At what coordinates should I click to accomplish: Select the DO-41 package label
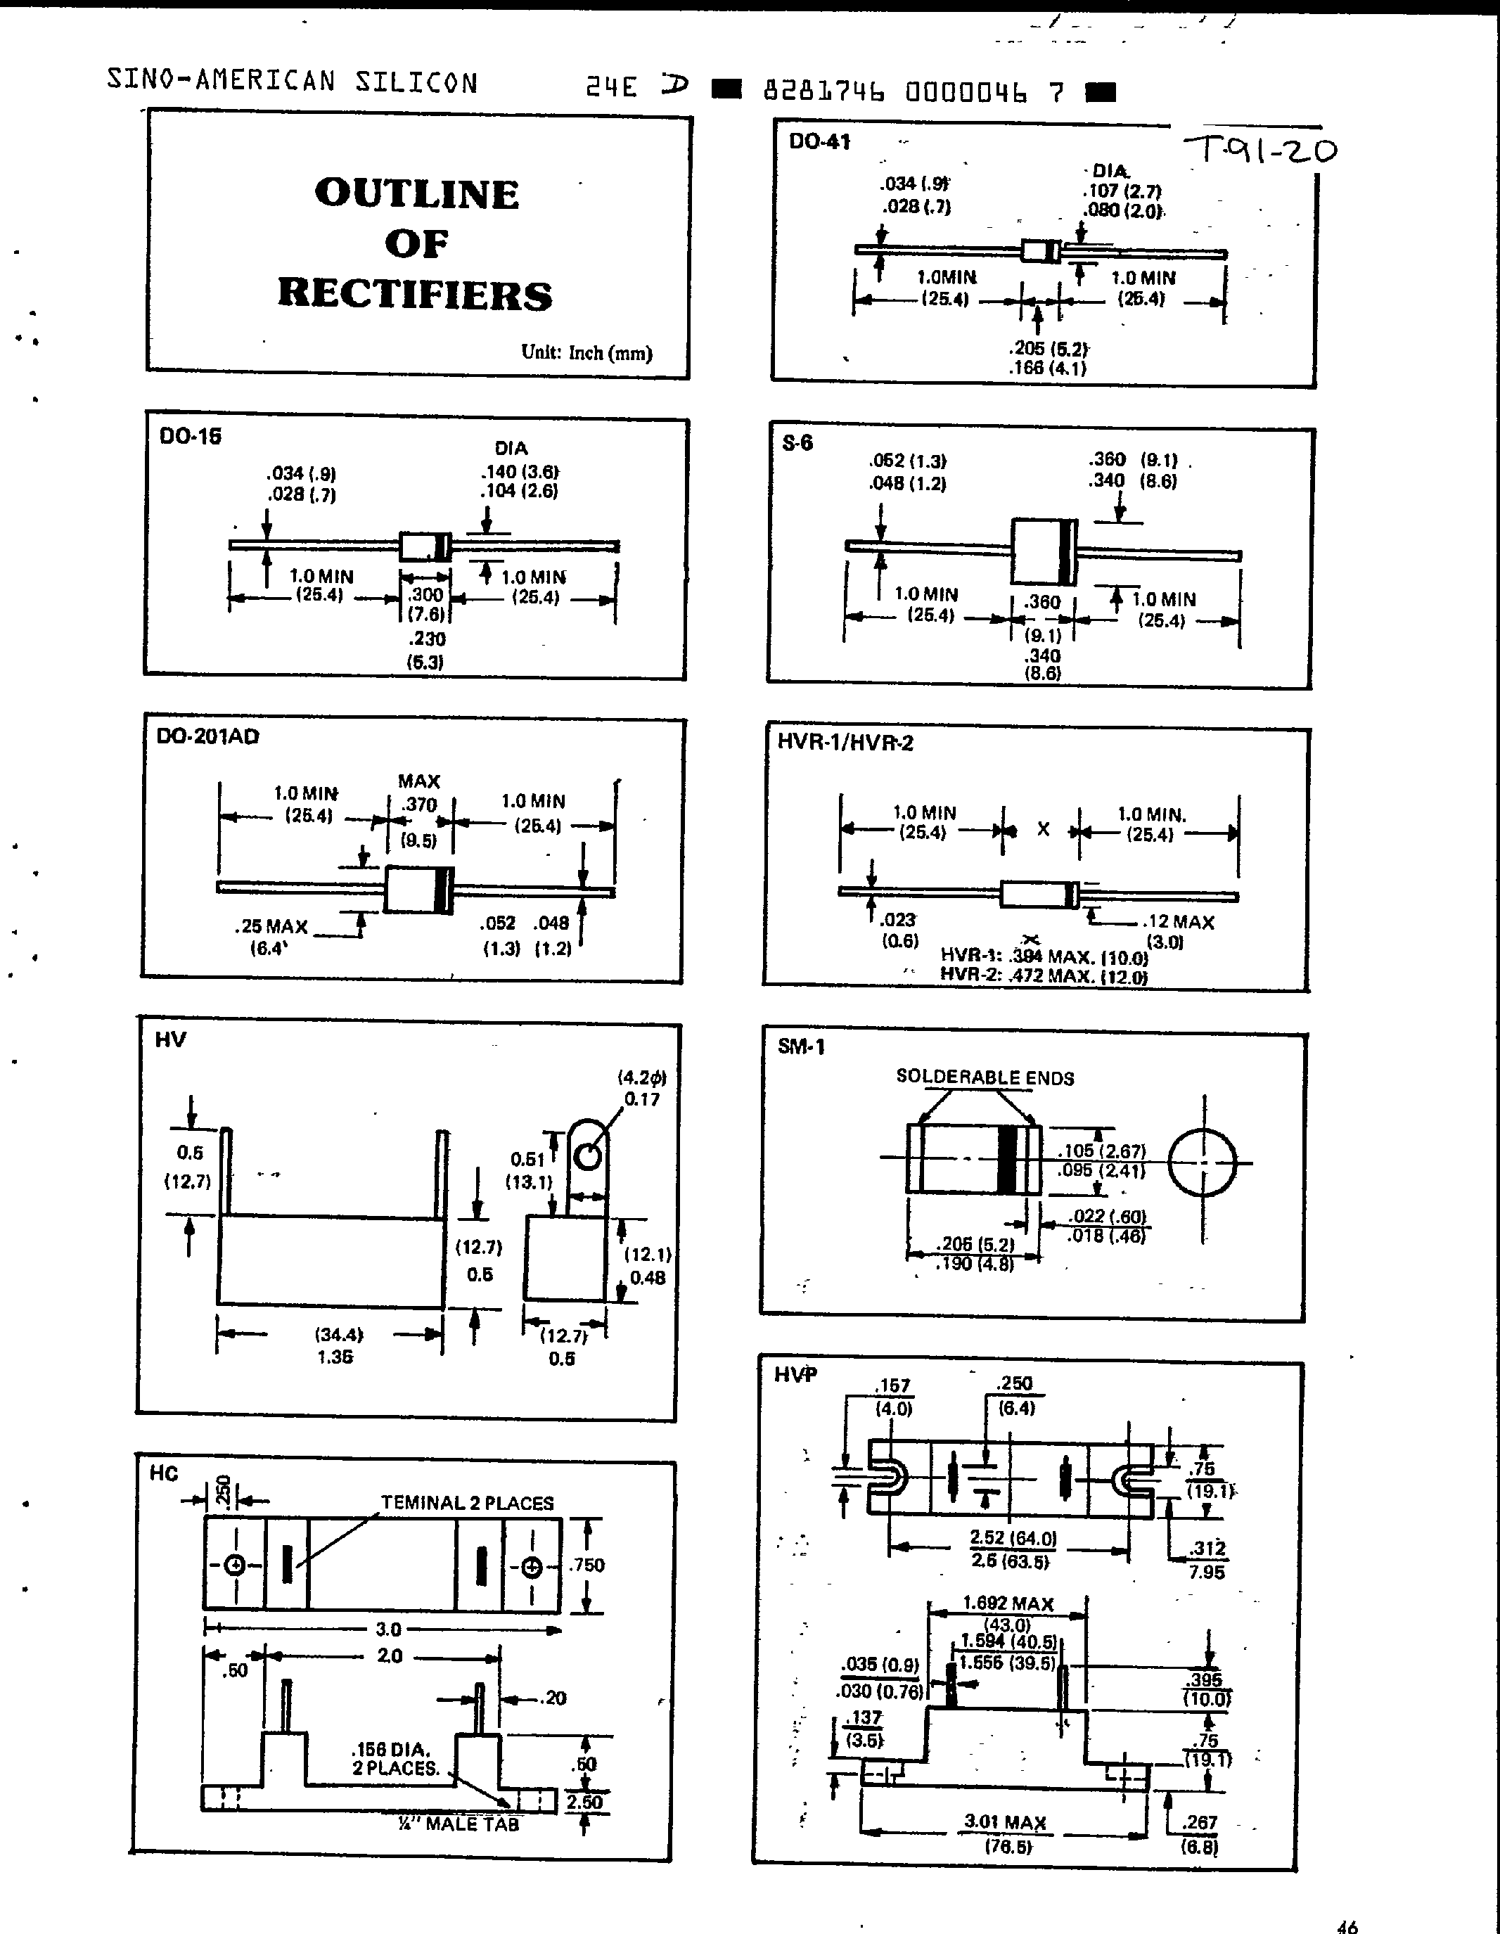point(820,141)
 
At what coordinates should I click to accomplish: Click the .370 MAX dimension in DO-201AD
point(420,805)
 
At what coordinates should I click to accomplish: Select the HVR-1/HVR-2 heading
point(845,743)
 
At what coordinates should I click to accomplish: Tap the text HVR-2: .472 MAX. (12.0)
point(1043,977)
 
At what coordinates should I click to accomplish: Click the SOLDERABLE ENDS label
point(985,1077)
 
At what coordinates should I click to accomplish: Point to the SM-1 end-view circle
point(1203,1163)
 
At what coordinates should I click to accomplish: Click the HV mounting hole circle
point(588,1156)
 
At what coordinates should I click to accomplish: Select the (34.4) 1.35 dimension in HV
point(338,1344)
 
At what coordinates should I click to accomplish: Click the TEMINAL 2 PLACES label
point(467,1503)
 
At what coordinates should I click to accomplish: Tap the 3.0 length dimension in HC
point(388,1629)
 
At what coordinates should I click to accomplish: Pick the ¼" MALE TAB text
point(458,1824)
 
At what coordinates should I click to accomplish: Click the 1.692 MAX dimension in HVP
point(1008,1603)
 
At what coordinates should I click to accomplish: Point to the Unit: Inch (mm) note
point(586,352)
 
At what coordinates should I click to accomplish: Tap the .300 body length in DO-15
point(426,595)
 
